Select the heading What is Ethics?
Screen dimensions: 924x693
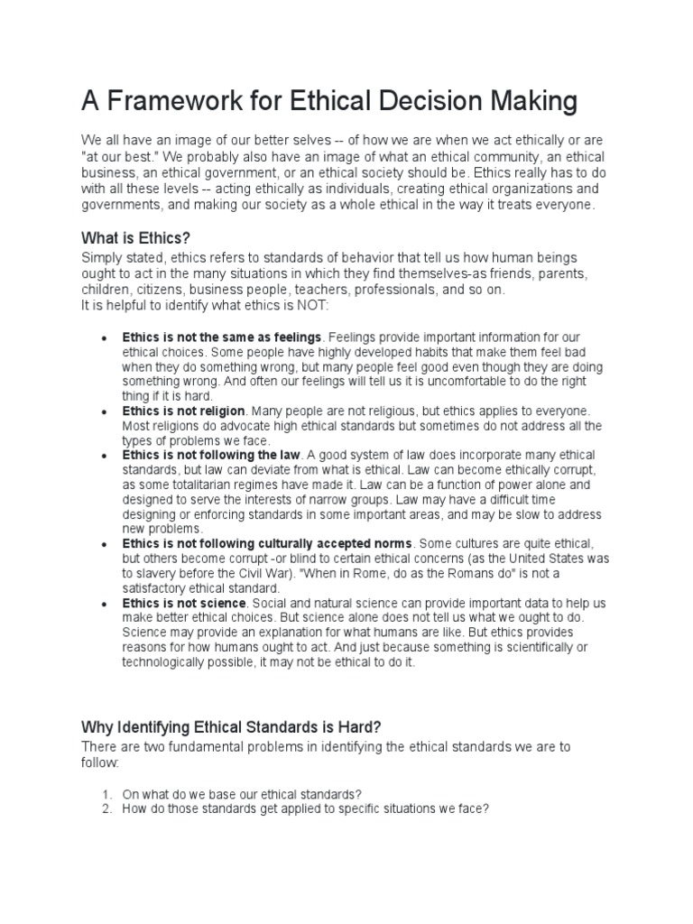click(x=136, y=239)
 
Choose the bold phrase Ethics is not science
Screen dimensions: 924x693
click(x=184, y=603)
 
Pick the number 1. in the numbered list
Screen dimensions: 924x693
click(x=106, y=794)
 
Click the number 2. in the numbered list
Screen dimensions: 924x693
click(x=106, y=808)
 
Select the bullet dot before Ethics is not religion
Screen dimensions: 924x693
click(x=105, y=411)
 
